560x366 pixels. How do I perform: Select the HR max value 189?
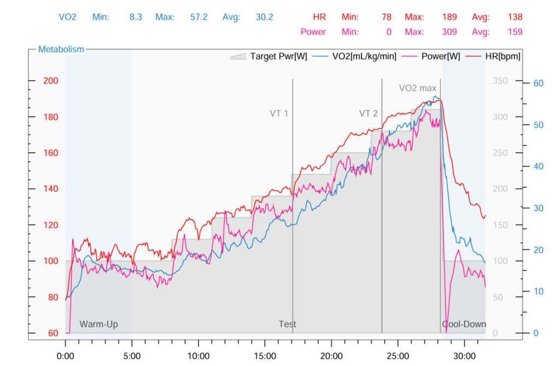[449, 17]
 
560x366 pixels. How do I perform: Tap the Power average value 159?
[515, 32]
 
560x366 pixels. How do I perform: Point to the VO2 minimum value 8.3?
[136, 17]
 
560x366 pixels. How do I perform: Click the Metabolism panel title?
[61, 49]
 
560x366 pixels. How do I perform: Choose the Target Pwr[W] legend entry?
[269, 56]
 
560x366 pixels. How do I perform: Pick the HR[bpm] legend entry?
[503, 56]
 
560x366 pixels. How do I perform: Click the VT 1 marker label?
[279, 114]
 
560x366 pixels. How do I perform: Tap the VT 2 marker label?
[368, 114]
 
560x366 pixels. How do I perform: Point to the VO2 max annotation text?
[418, 88]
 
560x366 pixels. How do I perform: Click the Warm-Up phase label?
[98, 324]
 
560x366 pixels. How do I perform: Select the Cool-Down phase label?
[464, 324]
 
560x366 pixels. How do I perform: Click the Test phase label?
[287, 324]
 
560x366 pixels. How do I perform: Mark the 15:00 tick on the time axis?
[265, 356]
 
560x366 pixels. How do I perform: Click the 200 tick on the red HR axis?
[51, 81]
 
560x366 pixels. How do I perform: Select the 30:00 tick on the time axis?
[464, 356]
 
